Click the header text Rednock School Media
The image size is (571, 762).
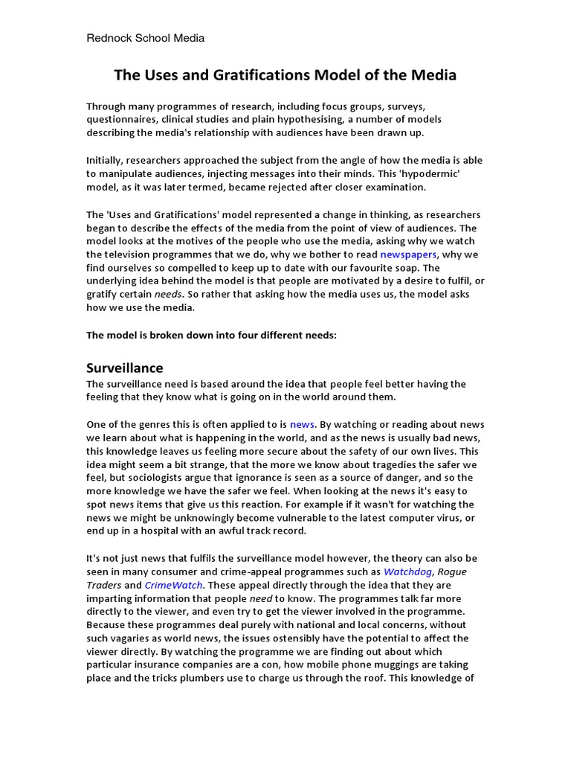(x=145, y=38)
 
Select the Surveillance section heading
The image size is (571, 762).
(x=125, y=368)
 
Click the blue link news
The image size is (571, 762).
(x=302, y=423)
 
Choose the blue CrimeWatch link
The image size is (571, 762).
(x=173, y=585)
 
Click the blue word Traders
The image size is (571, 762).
(x=104, y=585)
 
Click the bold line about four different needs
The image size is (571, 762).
(x=212, y=335)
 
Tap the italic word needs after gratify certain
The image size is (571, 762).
(x=167, y=295)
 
